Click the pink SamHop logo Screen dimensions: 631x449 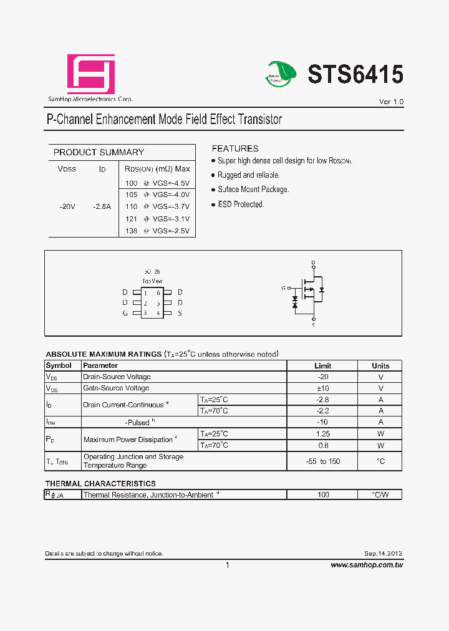pos(91,74)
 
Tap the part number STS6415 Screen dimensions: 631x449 pos(355,75)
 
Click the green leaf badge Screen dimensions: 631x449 pos(282,73)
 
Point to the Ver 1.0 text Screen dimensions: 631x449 pos(391,102)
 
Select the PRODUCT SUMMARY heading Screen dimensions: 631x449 pos(99,152)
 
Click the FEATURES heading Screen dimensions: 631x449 pos(235,148)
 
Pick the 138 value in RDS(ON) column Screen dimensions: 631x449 pos(131,231)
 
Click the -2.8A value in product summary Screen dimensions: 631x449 pos(102,206)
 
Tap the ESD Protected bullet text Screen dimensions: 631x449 pos(241,205)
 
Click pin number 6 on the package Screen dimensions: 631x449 pos(158,292)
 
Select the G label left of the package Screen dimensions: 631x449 pos(125,313)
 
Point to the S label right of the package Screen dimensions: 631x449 pos(180,313)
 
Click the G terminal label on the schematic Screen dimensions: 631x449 pos(283,288)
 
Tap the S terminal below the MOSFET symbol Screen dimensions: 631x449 pos(313,325)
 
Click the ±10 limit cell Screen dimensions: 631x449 pos(322,388)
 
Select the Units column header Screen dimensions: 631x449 pos(380,366)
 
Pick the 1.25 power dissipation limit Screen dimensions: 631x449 pos(322,433)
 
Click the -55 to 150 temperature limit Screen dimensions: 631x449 pos(322,461)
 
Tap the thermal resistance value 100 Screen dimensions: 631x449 pos(322,494)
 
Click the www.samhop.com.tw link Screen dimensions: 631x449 pos(367,565)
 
